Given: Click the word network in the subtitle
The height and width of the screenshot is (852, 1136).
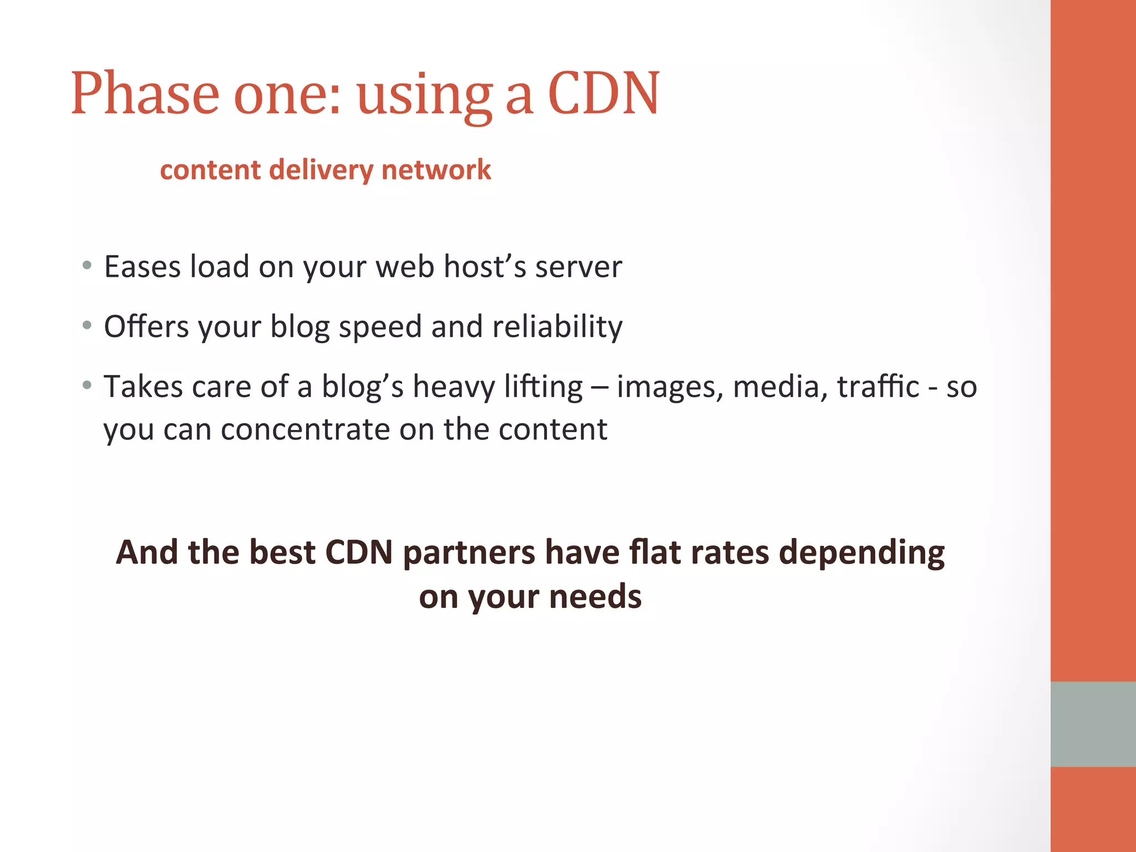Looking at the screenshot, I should [436, 170].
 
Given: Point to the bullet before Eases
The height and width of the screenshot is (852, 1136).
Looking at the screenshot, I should [87, 266].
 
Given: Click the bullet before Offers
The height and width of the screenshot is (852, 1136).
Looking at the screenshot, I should [87, 326].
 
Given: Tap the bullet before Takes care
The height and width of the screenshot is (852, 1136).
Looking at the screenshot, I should [87, 385].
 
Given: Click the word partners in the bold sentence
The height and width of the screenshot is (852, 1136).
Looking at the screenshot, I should [469, 553].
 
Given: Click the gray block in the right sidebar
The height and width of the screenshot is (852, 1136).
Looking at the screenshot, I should [1093, 724].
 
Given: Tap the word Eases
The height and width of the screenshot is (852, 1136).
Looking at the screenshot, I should [143, 267].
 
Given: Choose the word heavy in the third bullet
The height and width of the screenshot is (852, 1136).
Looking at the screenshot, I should [454, 387].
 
